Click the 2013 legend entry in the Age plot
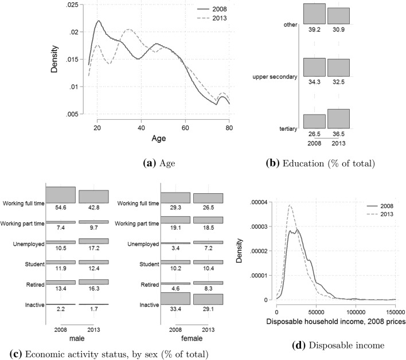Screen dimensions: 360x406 210,18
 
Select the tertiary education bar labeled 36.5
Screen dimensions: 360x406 338,118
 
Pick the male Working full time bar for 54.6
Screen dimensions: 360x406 60,194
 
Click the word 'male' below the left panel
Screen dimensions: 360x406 77,340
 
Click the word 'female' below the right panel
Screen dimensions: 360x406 192,340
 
